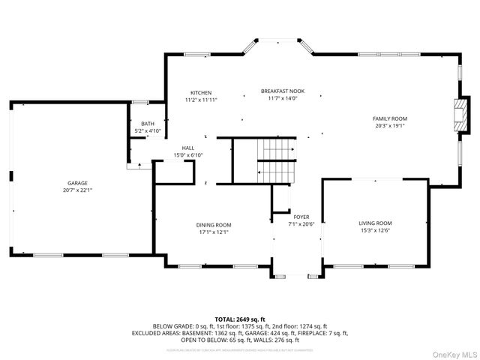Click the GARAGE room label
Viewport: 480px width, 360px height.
78,183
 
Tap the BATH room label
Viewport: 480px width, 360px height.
148,124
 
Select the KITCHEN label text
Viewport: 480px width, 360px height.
200,93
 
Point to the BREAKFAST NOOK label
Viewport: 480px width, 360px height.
283,91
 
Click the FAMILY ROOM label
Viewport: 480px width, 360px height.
390,118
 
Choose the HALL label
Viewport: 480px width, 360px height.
188,148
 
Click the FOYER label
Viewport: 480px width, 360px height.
301,217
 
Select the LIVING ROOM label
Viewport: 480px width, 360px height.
375,223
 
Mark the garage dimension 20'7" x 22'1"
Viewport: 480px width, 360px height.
78,190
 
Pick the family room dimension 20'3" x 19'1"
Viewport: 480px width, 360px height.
390,126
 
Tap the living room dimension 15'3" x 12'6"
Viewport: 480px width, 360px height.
375,230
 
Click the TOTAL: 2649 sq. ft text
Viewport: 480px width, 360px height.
240,319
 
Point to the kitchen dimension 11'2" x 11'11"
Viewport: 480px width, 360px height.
200,100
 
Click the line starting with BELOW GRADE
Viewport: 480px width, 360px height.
240,326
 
